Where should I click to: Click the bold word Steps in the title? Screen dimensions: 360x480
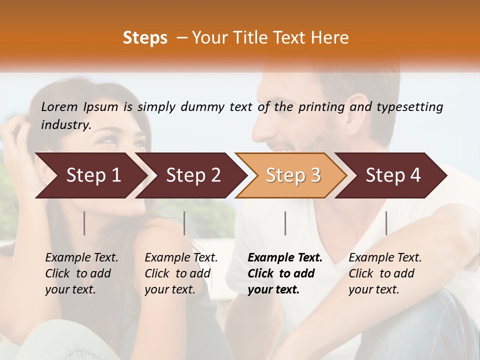[145, 38]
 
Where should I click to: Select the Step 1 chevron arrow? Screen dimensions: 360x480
[90, 175]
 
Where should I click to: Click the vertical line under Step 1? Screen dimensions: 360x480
[84, 223]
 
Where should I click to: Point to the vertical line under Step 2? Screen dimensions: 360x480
[184, 223]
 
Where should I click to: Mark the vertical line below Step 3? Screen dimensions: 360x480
[285, 223]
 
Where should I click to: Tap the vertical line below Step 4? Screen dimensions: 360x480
[386, 223]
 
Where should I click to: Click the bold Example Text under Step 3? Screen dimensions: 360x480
[285, 257]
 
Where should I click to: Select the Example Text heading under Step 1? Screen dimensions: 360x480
[81, 257]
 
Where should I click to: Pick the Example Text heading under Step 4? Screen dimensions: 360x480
[385, 257]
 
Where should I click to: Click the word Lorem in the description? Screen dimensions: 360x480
[59, 106]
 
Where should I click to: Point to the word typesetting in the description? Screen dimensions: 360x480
[409, 106]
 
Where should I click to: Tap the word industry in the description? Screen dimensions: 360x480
[66, 124]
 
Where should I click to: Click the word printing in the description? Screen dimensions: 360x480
[317, 107]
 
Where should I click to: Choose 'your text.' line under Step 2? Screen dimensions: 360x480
[169, 289]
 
